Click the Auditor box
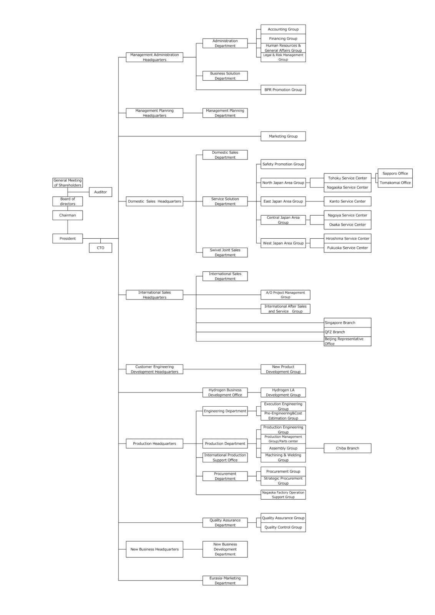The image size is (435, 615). click(100, 192)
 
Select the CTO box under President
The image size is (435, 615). click(100, 248)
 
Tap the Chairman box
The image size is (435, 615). click(68, 215)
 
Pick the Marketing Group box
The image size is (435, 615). click(283, 136)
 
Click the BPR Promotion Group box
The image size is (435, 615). click(283, 90)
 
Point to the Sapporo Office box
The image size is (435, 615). click(395, 173)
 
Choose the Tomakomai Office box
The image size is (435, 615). click(395, 183)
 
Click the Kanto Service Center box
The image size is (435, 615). click(347, 201)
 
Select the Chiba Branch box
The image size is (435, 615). click(347, 448)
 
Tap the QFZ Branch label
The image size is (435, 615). click(335, 332)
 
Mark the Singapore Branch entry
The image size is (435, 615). click(340, 322)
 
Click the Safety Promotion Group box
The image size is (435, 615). click(283, 164)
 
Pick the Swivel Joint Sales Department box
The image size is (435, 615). click(225, 252)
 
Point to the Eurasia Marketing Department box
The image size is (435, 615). click(225, 580)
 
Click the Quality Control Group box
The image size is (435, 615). click(283, 527)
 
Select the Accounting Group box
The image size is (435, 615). click(283, 29)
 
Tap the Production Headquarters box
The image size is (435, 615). click(154, 444)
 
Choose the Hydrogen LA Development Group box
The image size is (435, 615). click(283, 392)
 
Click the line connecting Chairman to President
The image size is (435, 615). click(68, 227)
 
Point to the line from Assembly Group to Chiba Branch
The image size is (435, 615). click(315, 448)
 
